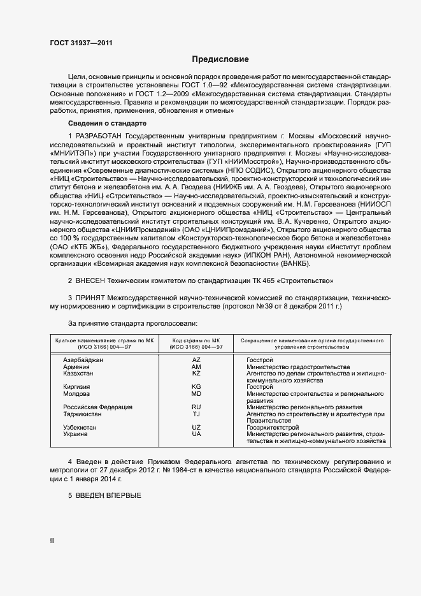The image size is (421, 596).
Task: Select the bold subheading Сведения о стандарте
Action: click(x=107, y=122)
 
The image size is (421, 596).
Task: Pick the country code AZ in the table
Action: click(x=196, y=360)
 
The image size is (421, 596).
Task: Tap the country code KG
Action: click(x=196, y=387)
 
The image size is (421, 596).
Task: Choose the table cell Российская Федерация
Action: click(x=97, y=407)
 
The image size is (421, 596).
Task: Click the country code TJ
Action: click(x=196, y=414)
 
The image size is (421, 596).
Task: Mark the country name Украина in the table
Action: click(x=76, y=434)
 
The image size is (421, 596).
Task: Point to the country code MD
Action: click(x=196, y=394)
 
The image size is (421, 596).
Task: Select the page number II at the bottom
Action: click(x=52, y=540)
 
